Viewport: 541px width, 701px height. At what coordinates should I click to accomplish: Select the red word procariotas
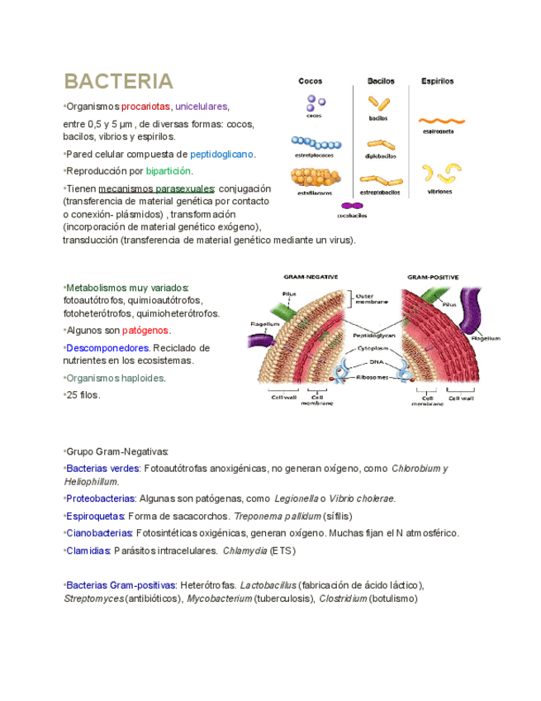[145, 107]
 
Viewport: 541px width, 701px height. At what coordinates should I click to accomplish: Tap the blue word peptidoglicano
[222, 154]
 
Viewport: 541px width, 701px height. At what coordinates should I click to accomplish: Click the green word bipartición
[168, 171]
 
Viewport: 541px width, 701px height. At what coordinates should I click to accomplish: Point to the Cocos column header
[311, 82]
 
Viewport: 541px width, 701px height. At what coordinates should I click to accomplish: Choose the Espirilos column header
[437, 82]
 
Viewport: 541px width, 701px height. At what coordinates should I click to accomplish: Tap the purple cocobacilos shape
[352, 206]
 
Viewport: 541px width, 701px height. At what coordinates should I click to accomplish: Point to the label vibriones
[439, 192]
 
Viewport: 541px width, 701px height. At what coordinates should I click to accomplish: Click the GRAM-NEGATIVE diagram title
[311, 277]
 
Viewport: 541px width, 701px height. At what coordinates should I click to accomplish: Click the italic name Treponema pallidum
[277, 516]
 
